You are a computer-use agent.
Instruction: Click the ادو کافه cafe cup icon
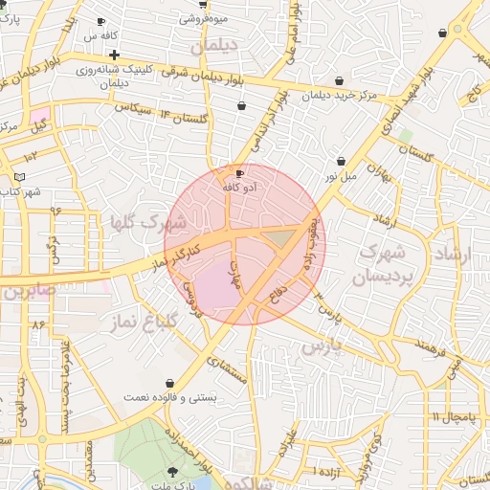[239, 173]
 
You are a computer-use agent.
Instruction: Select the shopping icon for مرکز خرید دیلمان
[339, 81]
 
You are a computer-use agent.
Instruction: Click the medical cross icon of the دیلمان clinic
[115, 55]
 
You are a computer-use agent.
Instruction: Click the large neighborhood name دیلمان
[212, 45]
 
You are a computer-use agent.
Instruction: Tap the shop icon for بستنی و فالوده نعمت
[169, 383]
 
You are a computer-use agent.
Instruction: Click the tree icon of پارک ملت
[172, 471]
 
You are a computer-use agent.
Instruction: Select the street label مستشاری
[228, 370]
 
